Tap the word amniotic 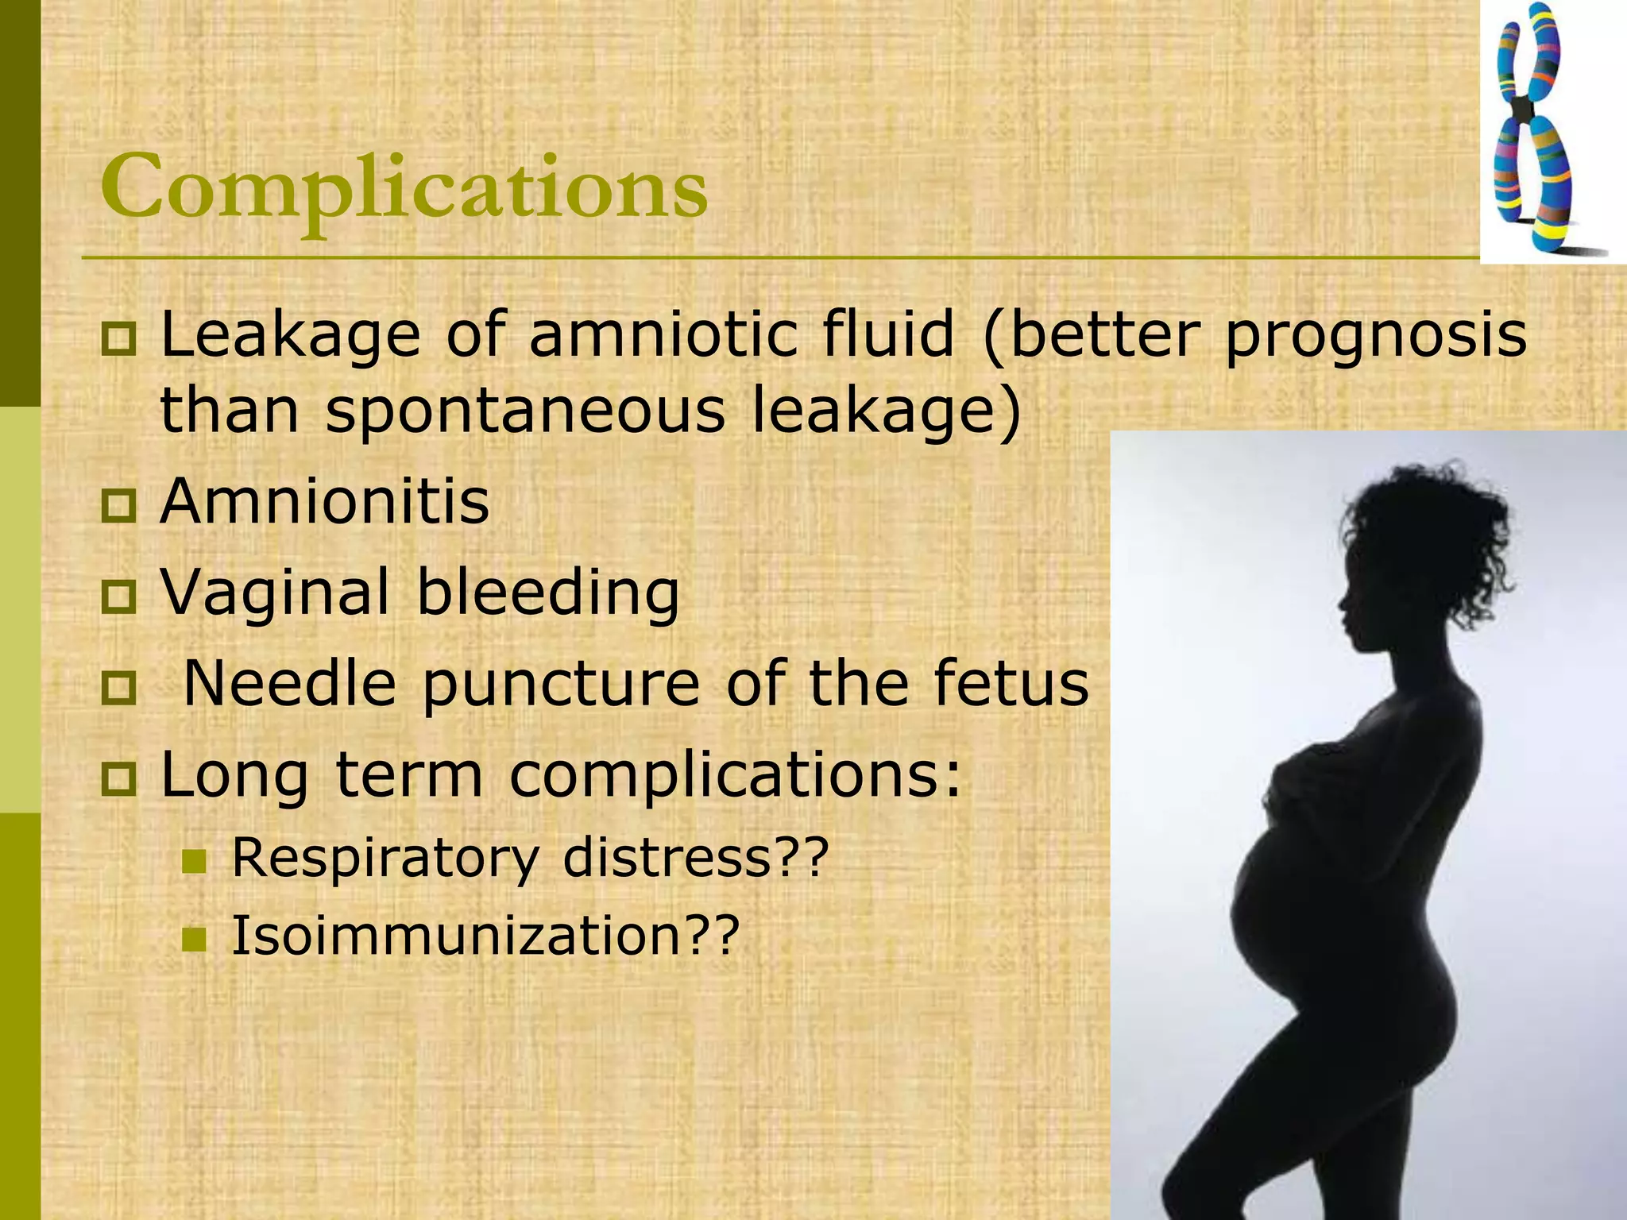[x=663, y=334]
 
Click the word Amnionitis [x=325, y=502]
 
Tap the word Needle [x=289, y=683]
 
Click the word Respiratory [x=385, y=859]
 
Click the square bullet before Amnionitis [x=119, y=505]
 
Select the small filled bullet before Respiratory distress [x=194, y=861]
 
